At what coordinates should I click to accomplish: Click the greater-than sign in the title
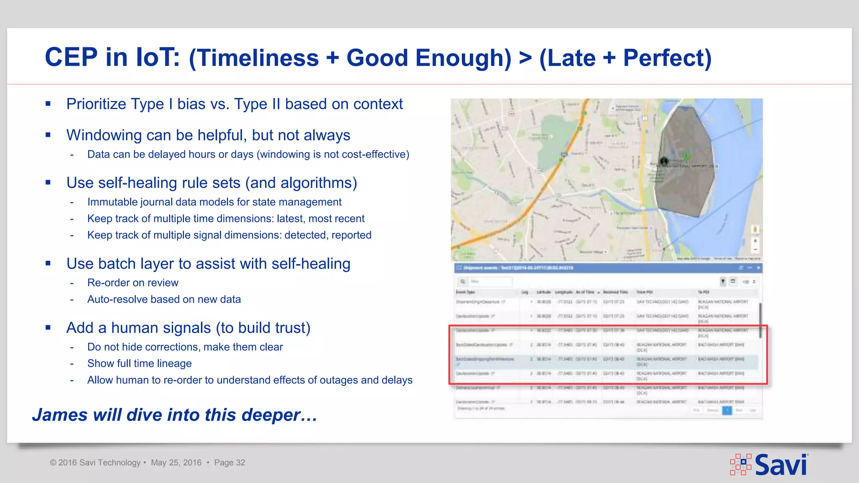pos(525,58)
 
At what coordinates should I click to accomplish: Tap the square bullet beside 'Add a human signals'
pos(48,327)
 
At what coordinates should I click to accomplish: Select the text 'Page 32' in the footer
pos(229,462)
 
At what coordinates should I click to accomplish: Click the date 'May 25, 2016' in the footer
pos(176,462)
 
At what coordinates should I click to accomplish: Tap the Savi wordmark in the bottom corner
pos(781,465)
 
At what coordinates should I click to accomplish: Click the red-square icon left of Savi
pos(741,465)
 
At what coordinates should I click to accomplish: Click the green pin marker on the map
pos(686,156)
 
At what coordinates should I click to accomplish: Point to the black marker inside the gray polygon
pos(664,161)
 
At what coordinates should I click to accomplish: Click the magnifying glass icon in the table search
pos(463,281)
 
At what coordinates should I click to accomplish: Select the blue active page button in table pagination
pos(727,410)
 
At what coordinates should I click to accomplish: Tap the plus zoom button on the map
pos(755,241)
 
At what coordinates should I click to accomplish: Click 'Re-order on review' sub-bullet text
pos(133,283)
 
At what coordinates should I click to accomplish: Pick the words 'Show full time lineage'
pos(139,364)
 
